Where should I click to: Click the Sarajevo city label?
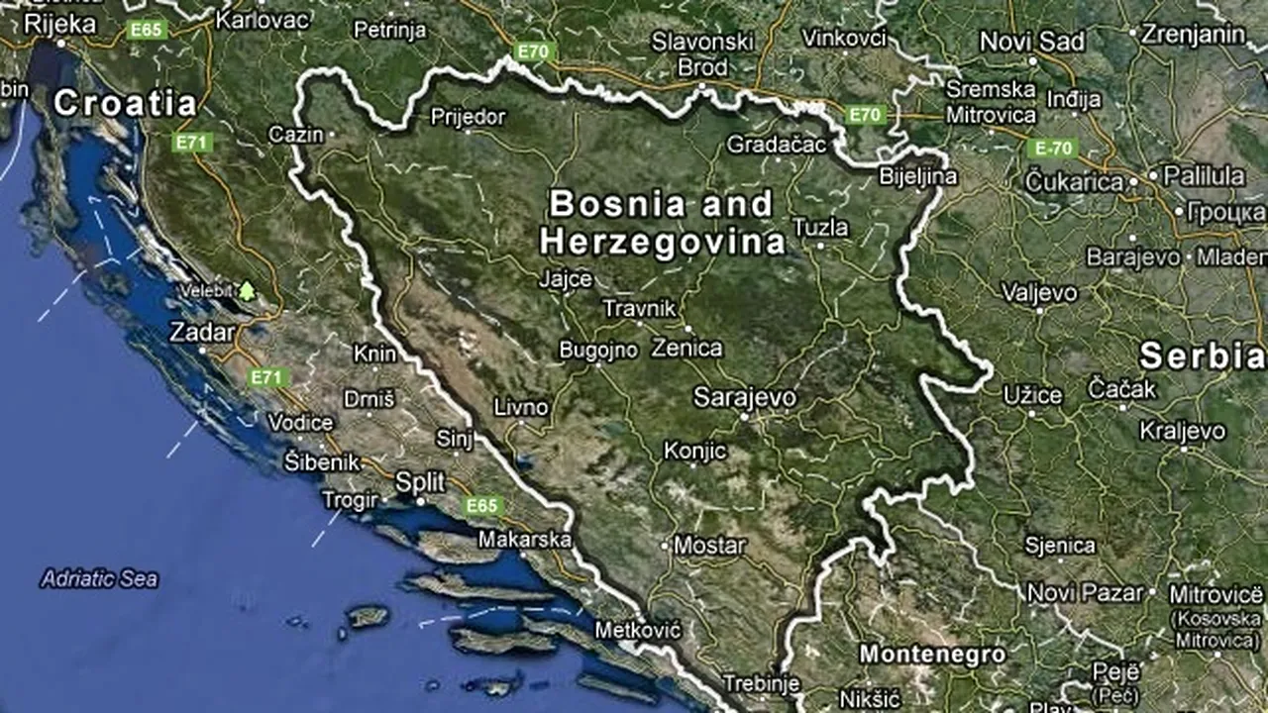[744, 398]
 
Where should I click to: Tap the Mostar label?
[709, 545]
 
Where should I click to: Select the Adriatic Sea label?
[99, 579]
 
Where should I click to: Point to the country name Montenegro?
[932, 655]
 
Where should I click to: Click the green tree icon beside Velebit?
[246, 291]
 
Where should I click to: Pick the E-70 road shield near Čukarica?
[1050, 149]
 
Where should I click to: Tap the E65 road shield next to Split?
[481, 506]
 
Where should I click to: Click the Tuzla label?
[820, 228]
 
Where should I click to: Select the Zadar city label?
[202, 333]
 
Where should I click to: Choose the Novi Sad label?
[1032, 42]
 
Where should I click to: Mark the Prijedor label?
[468, 117]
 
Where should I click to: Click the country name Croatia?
[125, 103]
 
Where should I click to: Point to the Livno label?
[521, 407]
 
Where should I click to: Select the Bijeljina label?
[918, 177]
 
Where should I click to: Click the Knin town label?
[375, 354]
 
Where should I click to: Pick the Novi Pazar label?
[1086, 593]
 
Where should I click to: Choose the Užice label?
[1032, 395]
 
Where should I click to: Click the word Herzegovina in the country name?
[662, 242]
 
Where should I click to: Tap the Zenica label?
[687, 349]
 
